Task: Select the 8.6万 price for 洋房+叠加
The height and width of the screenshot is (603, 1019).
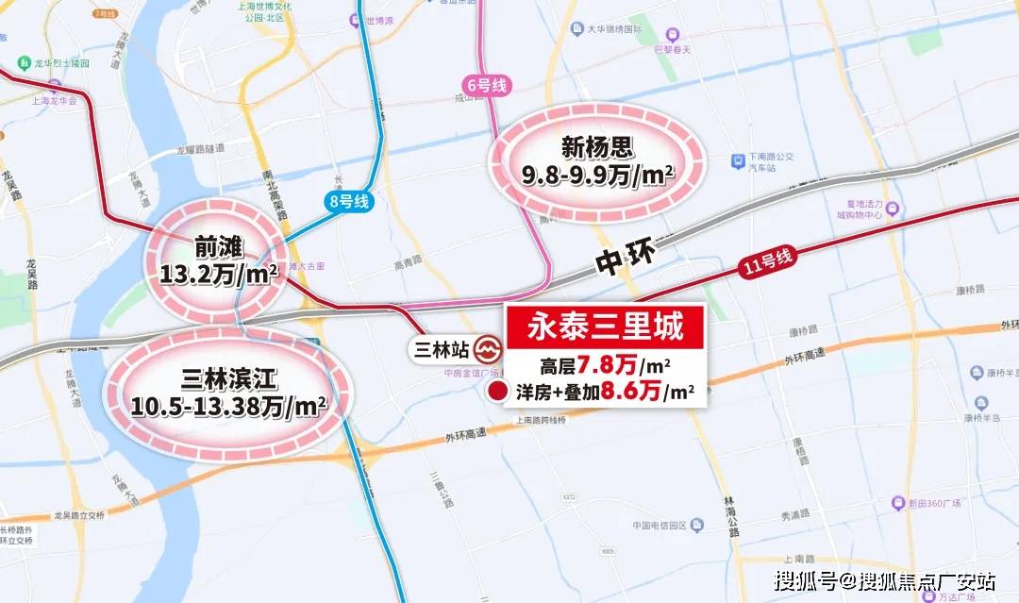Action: [631, 391]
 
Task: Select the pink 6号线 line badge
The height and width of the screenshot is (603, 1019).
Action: [487, 86]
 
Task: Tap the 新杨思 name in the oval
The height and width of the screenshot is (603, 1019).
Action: [595, 147]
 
